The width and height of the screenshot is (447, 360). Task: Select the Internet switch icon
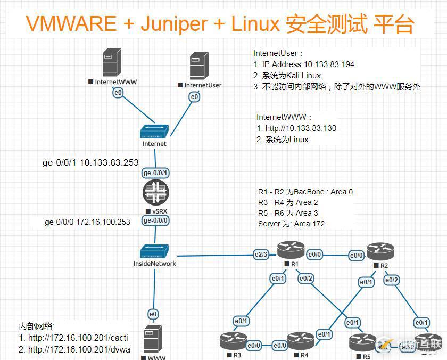point(154,132)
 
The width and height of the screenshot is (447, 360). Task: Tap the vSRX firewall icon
point(155,193)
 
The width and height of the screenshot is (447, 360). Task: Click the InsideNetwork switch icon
point(154,250)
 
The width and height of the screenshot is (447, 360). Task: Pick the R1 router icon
point(291,249)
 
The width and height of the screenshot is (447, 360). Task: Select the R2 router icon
point(380,250)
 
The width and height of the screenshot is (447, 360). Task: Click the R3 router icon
point(233,340)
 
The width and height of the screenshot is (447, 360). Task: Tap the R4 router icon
point(301,340)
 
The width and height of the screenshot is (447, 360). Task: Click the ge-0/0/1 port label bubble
point(155,173)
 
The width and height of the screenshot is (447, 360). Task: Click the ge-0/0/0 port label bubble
point(155,220)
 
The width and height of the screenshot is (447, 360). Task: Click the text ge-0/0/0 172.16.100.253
point(87,222)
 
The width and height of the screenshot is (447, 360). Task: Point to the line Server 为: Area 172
point(291,223)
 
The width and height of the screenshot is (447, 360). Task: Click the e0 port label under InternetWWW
point(117,93)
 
